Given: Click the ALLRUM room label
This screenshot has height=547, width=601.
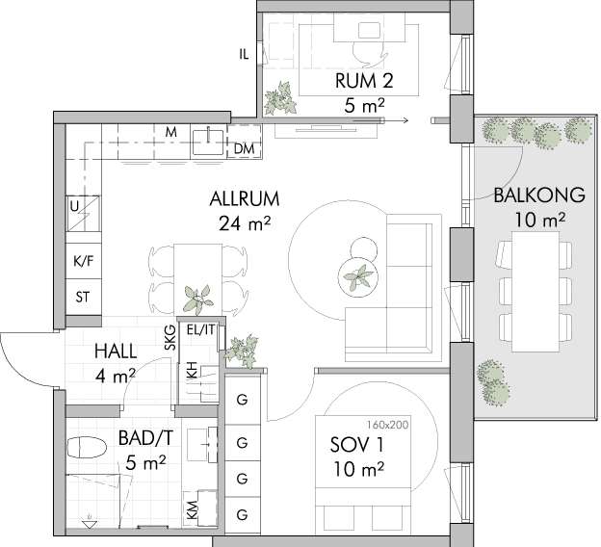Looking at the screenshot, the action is coord(245,199).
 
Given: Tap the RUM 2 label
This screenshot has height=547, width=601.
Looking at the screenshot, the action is coord(364,81).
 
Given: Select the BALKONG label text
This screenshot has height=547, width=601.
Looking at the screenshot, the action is coord(539,195).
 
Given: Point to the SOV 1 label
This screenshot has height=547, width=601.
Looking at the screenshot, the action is coord(356,445).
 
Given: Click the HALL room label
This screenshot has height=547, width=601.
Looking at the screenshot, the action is coord(116,352).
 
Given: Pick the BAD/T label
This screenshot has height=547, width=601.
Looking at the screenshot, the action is coord(145,438).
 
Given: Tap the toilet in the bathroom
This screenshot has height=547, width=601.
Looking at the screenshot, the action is coord(87,448).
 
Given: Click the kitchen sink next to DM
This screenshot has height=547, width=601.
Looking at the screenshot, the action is coord(208,142).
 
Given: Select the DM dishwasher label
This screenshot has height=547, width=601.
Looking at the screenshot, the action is coord(244,148).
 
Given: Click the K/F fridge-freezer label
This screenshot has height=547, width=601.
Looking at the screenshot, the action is coord(84,261).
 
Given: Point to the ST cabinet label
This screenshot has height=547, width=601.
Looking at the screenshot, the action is coord(83,297).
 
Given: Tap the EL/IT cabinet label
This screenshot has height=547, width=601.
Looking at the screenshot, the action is coord(201,329).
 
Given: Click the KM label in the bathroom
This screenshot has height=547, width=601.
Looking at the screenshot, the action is coord(192,510).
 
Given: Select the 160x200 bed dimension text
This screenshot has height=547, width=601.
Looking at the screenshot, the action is coord(387,425).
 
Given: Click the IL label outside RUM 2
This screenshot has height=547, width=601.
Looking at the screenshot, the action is coord(244,55).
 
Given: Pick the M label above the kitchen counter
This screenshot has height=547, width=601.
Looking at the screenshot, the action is coord(170,132).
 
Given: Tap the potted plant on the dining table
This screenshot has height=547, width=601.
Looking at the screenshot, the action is coord(197,300).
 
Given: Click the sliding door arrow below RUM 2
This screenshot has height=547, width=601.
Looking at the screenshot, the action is coord(380,120).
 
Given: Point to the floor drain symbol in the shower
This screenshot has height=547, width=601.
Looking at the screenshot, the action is coord(90,522).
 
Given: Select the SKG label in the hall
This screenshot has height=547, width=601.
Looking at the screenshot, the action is coord(170,337).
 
